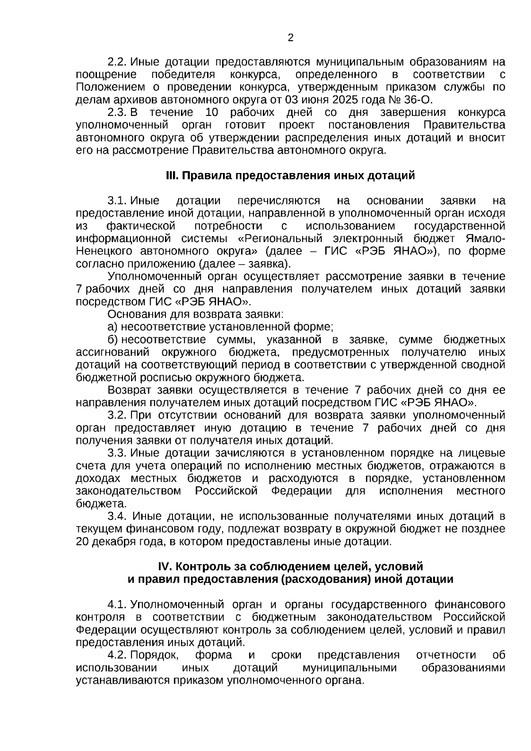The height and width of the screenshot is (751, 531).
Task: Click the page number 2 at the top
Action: point(291,38)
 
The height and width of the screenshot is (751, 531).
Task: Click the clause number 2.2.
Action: point(118,62)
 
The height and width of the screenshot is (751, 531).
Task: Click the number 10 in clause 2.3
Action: point(207,112)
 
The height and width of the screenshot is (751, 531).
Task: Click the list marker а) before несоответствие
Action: point(113,327)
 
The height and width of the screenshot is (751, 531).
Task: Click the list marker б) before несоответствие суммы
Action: point(113,340)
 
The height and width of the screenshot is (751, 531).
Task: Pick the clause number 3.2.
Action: point(118,416)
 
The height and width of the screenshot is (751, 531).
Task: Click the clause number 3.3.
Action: point(118,453)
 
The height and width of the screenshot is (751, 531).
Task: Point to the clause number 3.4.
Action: point(118,516)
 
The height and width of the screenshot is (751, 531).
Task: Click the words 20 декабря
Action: point(105,542)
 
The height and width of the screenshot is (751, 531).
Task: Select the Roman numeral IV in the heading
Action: point(165,567)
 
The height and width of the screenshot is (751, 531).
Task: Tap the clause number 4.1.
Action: point(118,605)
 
